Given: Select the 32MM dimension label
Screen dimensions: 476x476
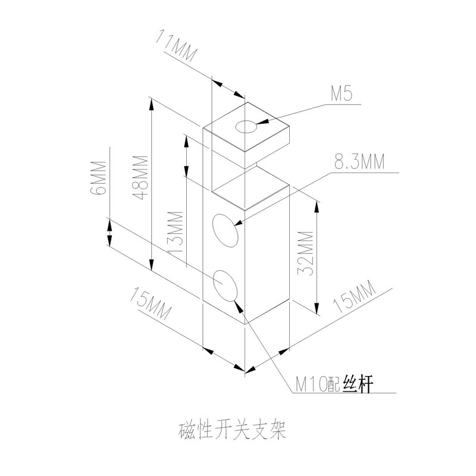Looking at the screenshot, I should [305, 253].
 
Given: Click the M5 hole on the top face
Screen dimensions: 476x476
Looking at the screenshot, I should [246, 126].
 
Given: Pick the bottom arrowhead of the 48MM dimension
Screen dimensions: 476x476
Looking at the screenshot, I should [152, 267].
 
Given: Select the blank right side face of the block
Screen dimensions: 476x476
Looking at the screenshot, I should [268, 256].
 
